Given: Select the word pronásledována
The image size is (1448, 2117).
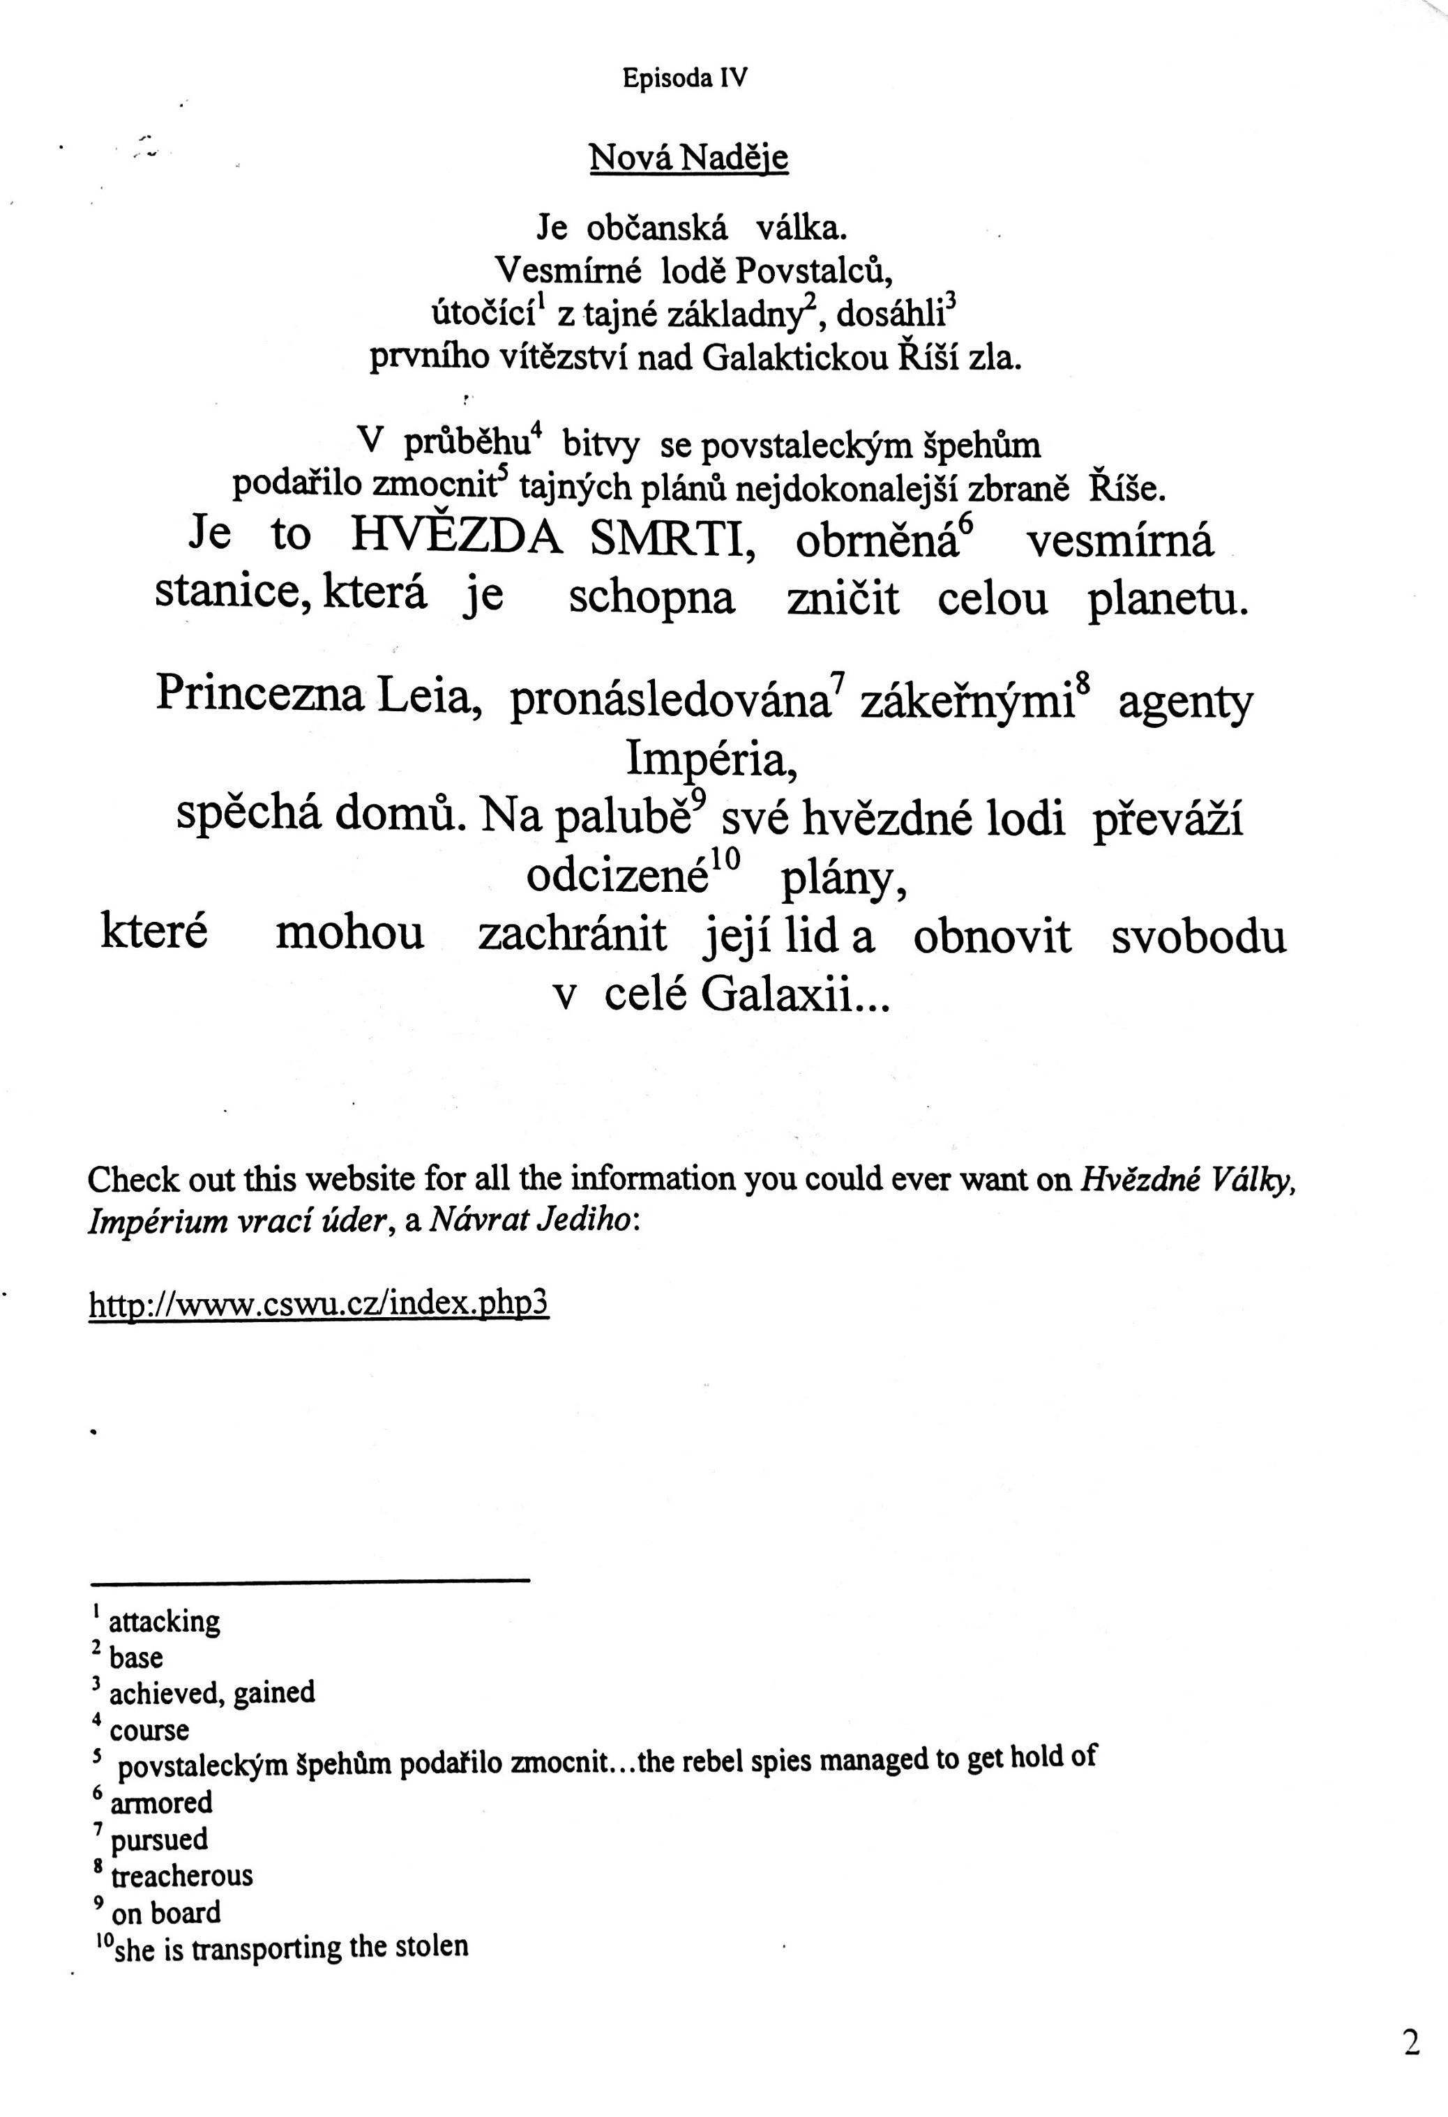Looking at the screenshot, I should (x=669, y=701).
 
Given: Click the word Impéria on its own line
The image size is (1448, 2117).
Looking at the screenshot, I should (x=711, y=759).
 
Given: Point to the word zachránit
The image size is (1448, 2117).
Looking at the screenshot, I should (x=572, y=934).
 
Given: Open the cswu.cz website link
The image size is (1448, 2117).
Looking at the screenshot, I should (x=318, y=1305).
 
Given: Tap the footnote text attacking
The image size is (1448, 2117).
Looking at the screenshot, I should (x=164, y=1621).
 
